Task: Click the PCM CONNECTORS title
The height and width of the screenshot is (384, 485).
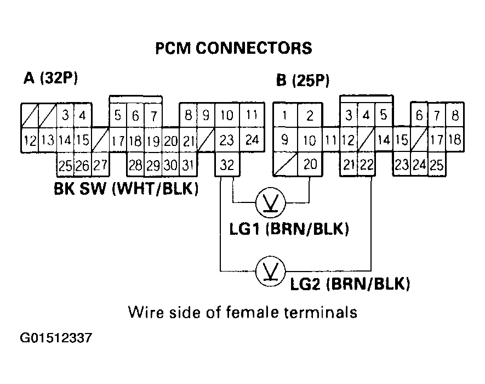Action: (234, 48)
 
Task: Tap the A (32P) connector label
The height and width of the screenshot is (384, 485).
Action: (51, 78)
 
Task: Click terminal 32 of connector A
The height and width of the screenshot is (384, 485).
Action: (227, 164)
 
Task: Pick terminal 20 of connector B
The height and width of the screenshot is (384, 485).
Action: (310, 164)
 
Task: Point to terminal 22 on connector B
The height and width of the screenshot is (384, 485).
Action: (367, 164)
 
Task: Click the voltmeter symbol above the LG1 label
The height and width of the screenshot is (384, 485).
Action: (271, 203)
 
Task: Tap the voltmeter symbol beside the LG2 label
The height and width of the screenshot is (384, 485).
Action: (271, 270)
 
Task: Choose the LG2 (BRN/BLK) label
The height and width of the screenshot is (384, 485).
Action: (351, 284)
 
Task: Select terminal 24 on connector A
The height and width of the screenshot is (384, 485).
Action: (252, 140)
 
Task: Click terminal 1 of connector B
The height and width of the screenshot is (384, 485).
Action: (285, 116)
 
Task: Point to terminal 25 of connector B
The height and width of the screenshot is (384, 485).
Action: (437, 164)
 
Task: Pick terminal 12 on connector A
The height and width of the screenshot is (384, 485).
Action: (30, 140)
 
